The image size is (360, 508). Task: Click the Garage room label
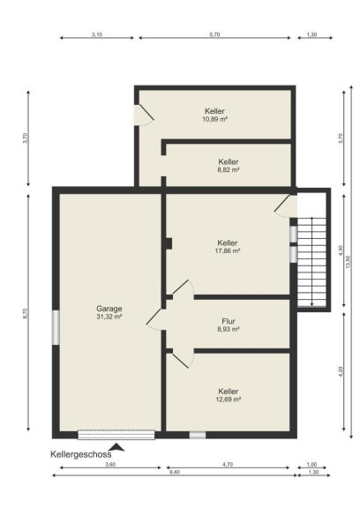[x=109, y=309]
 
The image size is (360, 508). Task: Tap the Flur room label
[x=229, y=321]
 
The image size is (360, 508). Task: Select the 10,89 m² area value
[x=214, y=119]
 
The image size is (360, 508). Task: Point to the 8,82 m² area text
[x=229, y=169]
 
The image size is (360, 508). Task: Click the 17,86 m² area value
[x=228, y=250]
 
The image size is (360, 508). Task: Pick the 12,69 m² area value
[x=229, y=400]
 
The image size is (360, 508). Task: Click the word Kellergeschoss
[x=81, y=454]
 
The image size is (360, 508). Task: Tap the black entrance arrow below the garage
[x=117, y=447]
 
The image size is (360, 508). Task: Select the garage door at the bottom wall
[x=116, y=435]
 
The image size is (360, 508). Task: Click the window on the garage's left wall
[x=56, y=327]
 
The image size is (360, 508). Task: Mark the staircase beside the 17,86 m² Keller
[x=311, y=262]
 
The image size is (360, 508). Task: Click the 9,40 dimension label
[x=175, y=472]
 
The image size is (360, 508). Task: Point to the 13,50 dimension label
[x=348, y=262]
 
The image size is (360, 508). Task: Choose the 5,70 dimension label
[x=214, y=34]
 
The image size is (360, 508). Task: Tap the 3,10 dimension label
[x=97, y=34]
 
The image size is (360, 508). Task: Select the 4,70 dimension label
[x=228, y=464]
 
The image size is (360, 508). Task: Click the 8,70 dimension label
[x=26, y=314]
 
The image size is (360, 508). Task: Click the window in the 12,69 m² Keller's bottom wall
[x=198, y=435]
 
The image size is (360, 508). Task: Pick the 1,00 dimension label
[x=311, y=464]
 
